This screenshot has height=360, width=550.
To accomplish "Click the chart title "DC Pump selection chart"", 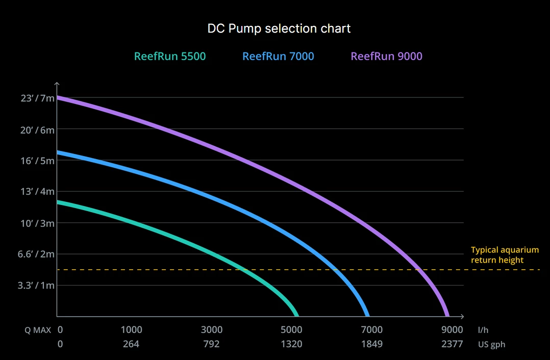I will (279, 28).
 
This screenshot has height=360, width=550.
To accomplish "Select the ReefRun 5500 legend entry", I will (170, 56).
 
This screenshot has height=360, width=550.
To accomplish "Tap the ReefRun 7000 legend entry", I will (278, 56).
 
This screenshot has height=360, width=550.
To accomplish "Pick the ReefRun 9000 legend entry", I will (386, 56).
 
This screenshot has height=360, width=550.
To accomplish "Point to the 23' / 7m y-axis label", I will (37, 98).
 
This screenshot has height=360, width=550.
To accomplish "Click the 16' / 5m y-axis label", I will (37, 161).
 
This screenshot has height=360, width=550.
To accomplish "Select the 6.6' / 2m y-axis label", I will (36, 254).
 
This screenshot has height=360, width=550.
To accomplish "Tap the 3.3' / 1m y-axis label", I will (36, 286).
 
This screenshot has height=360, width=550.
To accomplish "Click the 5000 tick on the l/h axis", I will (292, 330).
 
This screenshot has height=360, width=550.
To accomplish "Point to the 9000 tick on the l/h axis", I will (452, 330).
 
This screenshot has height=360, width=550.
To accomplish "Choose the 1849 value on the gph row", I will (372, 344).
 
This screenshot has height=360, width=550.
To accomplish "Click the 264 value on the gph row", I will (131, 344).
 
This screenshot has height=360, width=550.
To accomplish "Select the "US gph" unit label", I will (492, 344).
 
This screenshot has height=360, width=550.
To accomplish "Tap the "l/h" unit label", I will (483, 330).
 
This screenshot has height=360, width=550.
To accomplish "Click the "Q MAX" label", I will (38, 330).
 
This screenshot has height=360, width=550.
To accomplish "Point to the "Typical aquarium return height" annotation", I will (505, 255).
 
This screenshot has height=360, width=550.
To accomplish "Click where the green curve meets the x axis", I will (296, 316).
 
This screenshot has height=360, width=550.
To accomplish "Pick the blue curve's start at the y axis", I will (58, 152).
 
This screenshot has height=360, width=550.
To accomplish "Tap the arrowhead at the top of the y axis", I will (57, 84).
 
